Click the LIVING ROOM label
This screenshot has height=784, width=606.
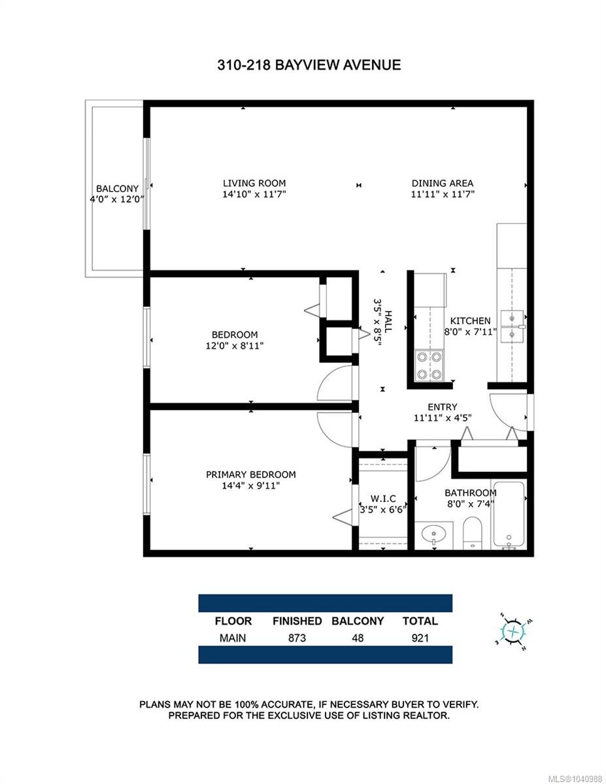pos(254,184)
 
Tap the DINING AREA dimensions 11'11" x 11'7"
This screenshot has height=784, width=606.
pos(443,195)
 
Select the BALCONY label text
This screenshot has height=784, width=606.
pos(117,189)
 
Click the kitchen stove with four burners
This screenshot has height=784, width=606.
pos(429,365)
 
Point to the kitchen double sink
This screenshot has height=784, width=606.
pos(512,326)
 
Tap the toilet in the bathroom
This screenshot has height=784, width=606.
pos(472,533)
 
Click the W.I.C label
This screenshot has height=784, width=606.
pos(383,498)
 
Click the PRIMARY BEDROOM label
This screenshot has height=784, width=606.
pos(251,474)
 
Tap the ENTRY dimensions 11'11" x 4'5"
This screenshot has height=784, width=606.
pos(443,417)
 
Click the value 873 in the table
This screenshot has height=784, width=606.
pos(297,638)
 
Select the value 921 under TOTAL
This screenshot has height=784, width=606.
pos(420,638)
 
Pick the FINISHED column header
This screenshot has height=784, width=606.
pos(297,621)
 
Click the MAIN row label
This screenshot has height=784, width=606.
pos(233,638)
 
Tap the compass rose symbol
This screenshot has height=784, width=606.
pos(513,631)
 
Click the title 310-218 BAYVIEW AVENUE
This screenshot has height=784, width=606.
pos(309,65)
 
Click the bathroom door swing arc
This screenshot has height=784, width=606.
pos(440,471)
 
